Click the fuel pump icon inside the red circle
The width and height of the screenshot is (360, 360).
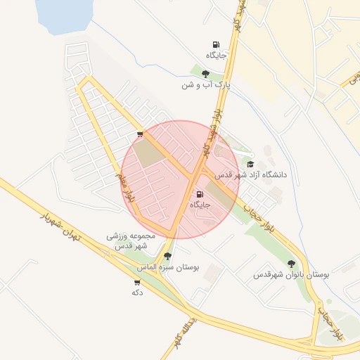coord(200,194)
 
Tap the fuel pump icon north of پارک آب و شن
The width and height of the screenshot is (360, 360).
coord(215,44)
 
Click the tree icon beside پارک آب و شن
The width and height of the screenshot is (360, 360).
coord(205,73)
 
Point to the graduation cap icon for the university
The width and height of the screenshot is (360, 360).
coord(250,164)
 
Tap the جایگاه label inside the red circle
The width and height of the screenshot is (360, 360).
coord(200,204)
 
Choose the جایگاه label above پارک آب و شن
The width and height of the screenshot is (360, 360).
coord(215,54)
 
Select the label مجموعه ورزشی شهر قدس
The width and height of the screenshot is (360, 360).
coord(127,241)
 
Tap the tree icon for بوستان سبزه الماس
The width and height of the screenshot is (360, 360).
coord(167,257)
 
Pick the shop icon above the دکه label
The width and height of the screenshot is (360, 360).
coord(136,282)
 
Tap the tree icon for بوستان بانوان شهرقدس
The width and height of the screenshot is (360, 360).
coord(291,264)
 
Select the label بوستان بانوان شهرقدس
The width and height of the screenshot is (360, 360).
coord(291,274)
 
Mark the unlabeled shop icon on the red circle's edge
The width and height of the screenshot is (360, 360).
coord(140,134)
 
